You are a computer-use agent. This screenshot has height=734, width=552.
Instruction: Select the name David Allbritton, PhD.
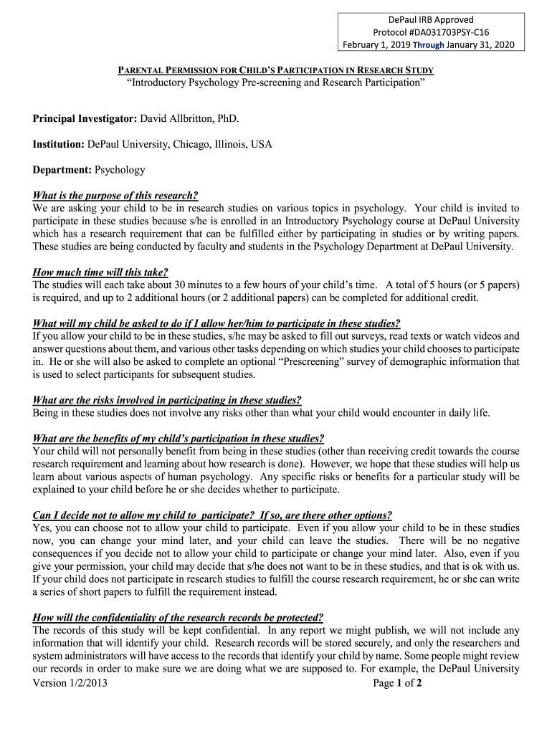189,118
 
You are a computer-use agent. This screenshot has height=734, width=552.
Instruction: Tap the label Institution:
59,144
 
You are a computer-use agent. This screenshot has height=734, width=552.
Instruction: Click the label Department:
62,170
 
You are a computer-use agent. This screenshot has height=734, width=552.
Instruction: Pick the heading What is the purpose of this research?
115,196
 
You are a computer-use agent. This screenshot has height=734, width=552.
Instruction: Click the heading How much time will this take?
100,272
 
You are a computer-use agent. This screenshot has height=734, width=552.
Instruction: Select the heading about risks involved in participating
167,400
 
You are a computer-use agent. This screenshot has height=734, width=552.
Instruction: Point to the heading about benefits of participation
179,439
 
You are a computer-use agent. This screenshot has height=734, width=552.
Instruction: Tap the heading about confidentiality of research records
179,617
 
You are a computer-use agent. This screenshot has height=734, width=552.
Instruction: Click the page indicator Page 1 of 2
397,683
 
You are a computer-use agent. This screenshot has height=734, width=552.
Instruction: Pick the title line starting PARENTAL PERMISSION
275,70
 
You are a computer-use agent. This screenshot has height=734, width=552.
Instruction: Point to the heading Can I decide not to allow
212,515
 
